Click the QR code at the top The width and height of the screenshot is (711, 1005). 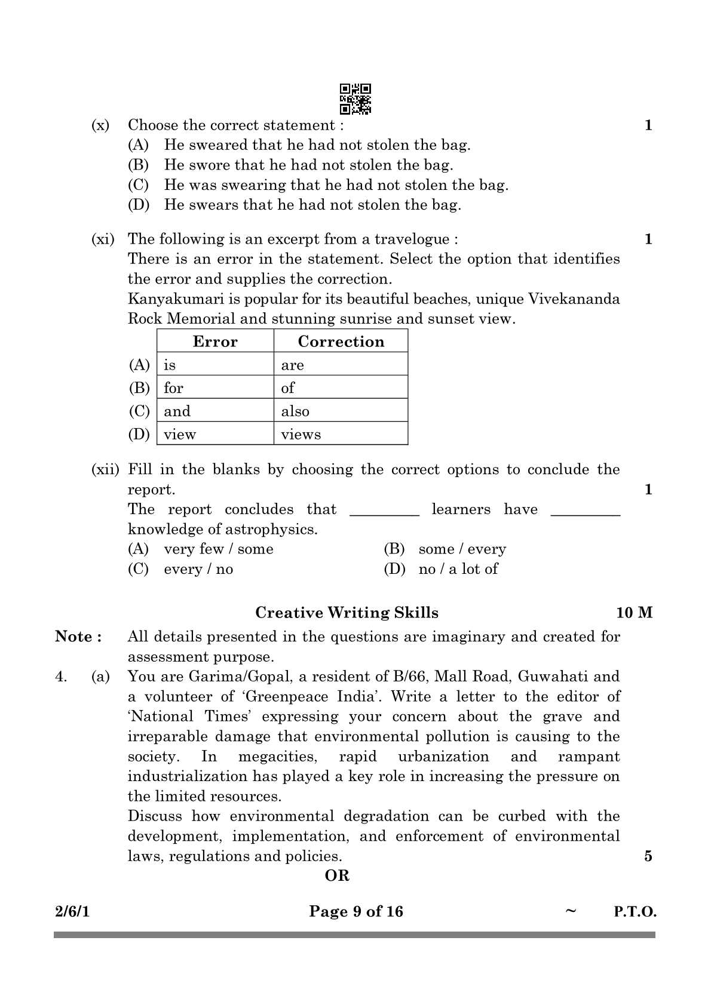(x=355, y=99)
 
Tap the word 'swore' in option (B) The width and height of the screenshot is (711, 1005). (x=209, y=165)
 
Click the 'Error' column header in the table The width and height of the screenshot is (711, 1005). (x=215, y=342)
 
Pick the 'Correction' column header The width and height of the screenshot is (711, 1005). (x=341, y=342)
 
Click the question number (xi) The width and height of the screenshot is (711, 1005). (x=102, y=239)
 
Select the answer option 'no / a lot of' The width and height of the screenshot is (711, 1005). (x=458, y=569)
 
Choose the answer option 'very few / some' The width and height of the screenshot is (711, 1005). (x=219, y=549)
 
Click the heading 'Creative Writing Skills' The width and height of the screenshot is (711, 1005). (x=347, y=613)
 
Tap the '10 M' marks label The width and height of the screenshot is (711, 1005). (x=635, y=613)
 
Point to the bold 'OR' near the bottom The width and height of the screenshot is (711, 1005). (x=337, y=876)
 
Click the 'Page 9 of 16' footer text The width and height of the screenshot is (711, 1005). (x=356, y=912)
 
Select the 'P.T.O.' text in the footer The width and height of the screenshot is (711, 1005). (x=635, y=912)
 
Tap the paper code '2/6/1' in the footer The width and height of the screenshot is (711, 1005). (x=72, y=912)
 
